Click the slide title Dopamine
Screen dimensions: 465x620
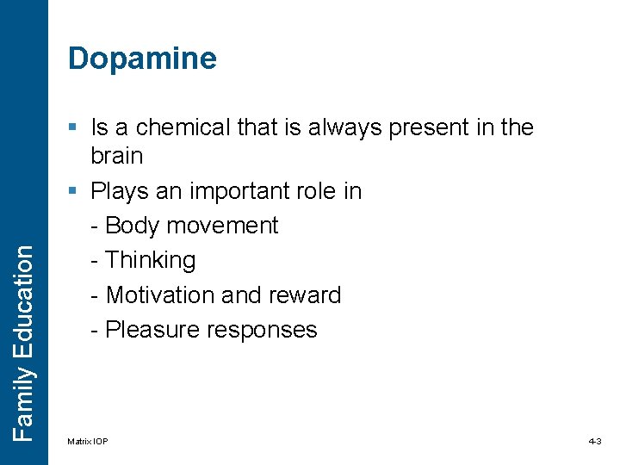[x=142, y=59]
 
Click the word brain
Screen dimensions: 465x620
[x=117, y=156]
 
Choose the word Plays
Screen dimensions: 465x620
[x=118, y=190]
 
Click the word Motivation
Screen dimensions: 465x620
[x=160, y=294]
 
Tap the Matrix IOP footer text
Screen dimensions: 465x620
[x=88, y=442]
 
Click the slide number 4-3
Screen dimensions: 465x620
[x=595, y=442]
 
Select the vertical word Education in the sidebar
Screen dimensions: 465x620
[x=24, y=302]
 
